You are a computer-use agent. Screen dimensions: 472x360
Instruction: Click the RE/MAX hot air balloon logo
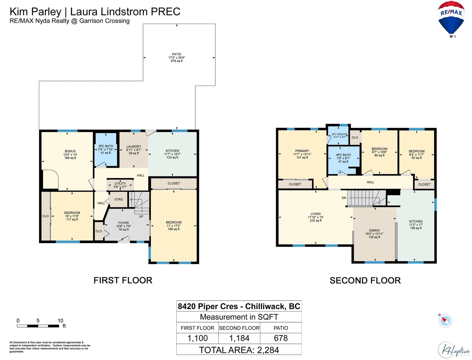click(x=451, y=19)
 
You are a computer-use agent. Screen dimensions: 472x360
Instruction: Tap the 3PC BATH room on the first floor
click(x=106, y=150)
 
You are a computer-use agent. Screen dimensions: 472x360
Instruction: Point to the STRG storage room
click(x=119, y=199)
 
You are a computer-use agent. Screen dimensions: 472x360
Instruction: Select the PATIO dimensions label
click(x=176, y=58)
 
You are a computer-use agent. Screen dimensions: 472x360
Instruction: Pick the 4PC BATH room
click(x=343, y=158)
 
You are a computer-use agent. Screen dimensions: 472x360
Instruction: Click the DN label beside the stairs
click(x=344, y=198)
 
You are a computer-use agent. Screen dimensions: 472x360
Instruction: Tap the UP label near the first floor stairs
click(x=141, y=217)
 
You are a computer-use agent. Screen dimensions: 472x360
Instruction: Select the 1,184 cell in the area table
click(x=239, y=338)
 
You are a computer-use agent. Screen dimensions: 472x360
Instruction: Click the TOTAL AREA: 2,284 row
click(x=239, y=350)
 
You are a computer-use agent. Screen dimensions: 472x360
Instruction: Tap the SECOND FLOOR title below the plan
click(x=365, y=281)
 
